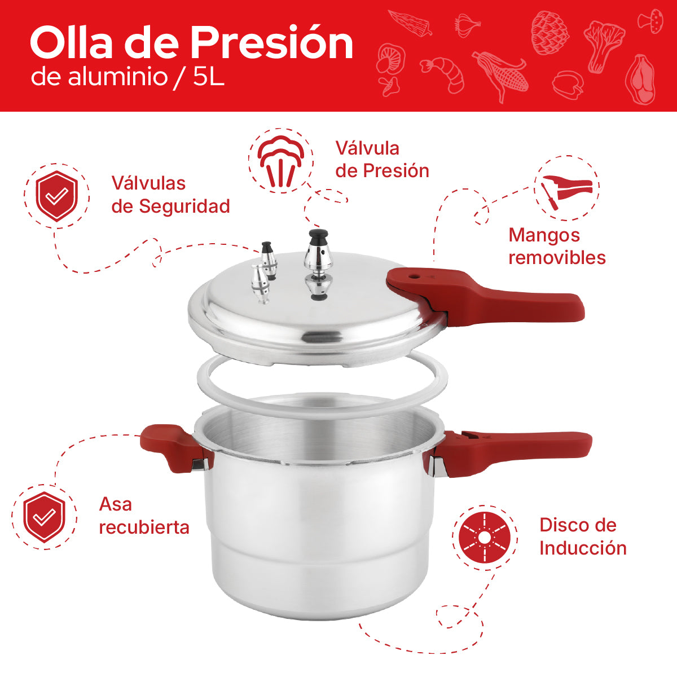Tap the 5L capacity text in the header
pos(209,77)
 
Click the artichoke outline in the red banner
pos(550,32)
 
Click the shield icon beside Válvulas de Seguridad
pos(56,196)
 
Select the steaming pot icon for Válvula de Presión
pos(280,160)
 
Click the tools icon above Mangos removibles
pos(566,190)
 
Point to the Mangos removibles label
pos(556,246)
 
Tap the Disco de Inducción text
pos(582,537)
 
